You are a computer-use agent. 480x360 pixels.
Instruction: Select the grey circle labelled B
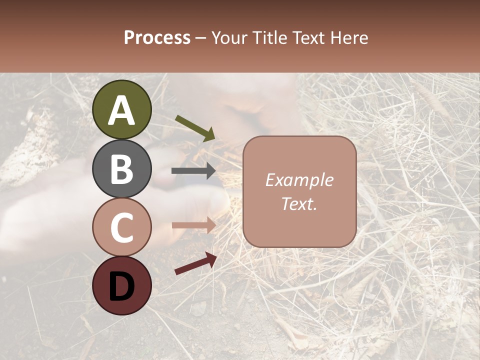tap(122, 168)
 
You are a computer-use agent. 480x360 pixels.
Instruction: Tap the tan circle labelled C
tap(122, 227)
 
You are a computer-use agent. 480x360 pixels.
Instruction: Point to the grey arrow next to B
tap(193, 171)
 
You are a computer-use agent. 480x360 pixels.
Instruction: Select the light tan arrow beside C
tap(193, 225)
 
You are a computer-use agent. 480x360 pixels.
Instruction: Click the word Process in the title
tap(157, 38)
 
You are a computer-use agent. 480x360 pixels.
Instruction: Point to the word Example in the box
tap(299, 180)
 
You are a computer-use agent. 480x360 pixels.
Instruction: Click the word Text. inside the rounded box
tap(299, 203)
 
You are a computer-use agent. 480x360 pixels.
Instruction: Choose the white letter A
tap(122, 110)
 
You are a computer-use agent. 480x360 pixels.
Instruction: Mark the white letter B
tap(122, 168)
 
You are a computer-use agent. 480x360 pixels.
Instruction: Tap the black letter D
tap(122, 286)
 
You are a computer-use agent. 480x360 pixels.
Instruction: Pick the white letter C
tap(122, 227)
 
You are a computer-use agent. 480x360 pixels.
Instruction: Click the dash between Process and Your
tap(200, 38)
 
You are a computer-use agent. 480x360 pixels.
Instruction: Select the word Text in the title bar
tap(309, 38)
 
